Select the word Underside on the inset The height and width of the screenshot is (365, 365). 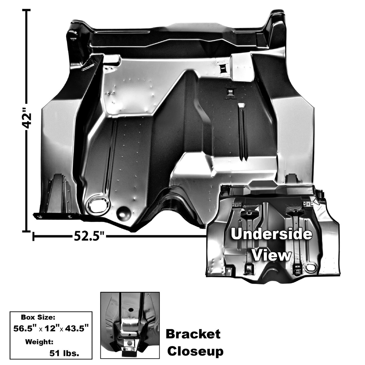271,234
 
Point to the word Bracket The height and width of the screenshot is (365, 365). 193,323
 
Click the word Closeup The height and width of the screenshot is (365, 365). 196,341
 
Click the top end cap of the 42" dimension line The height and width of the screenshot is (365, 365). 27,10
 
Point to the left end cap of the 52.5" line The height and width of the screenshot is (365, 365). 34,236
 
